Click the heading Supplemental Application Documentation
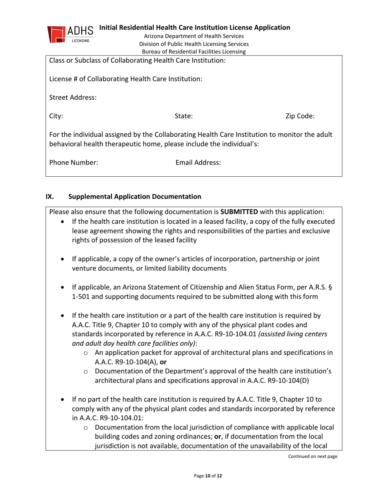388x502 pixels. point(135,196)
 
